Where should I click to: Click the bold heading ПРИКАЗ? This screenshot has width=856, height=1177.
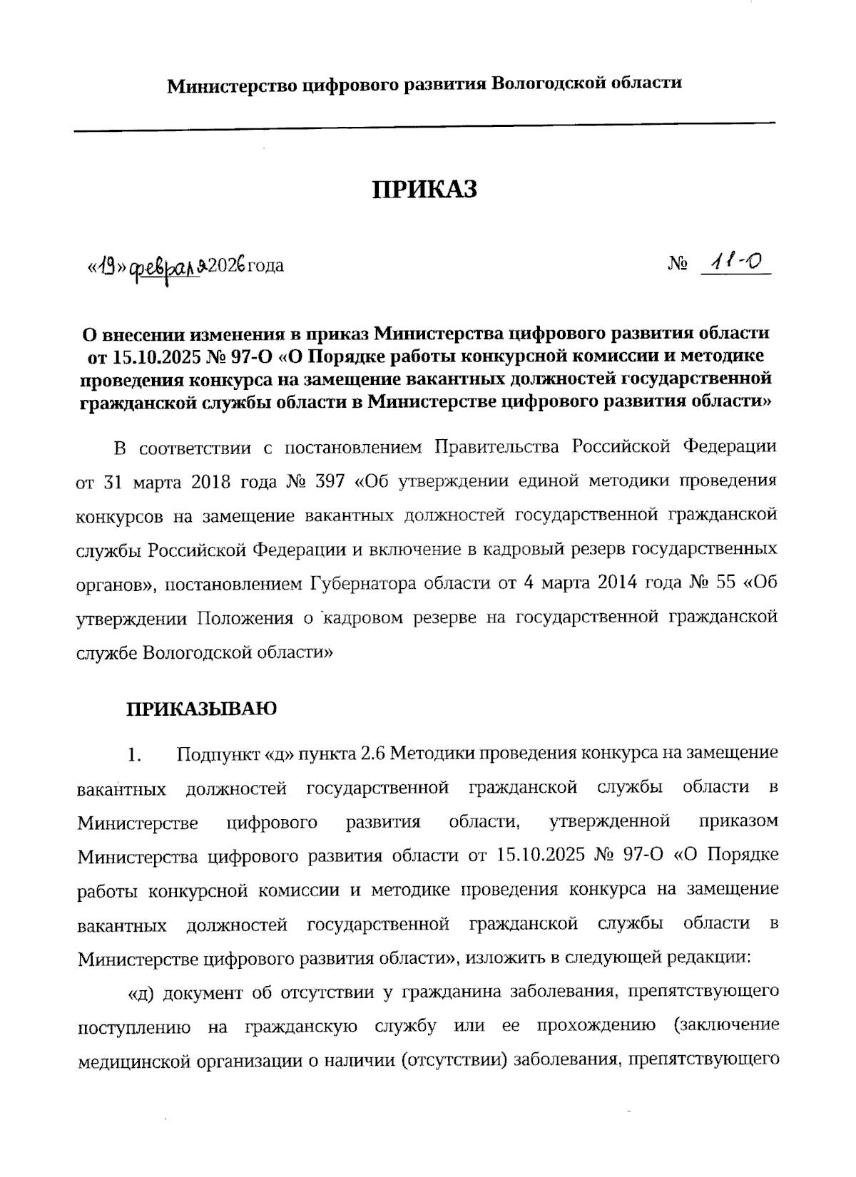[x=424, y=190]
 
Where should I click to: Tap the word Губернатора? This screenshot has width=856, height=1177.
[x=362, y=584]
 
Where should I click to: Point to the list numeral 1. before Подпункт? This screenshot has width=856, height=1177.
[x=136, y=754]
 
